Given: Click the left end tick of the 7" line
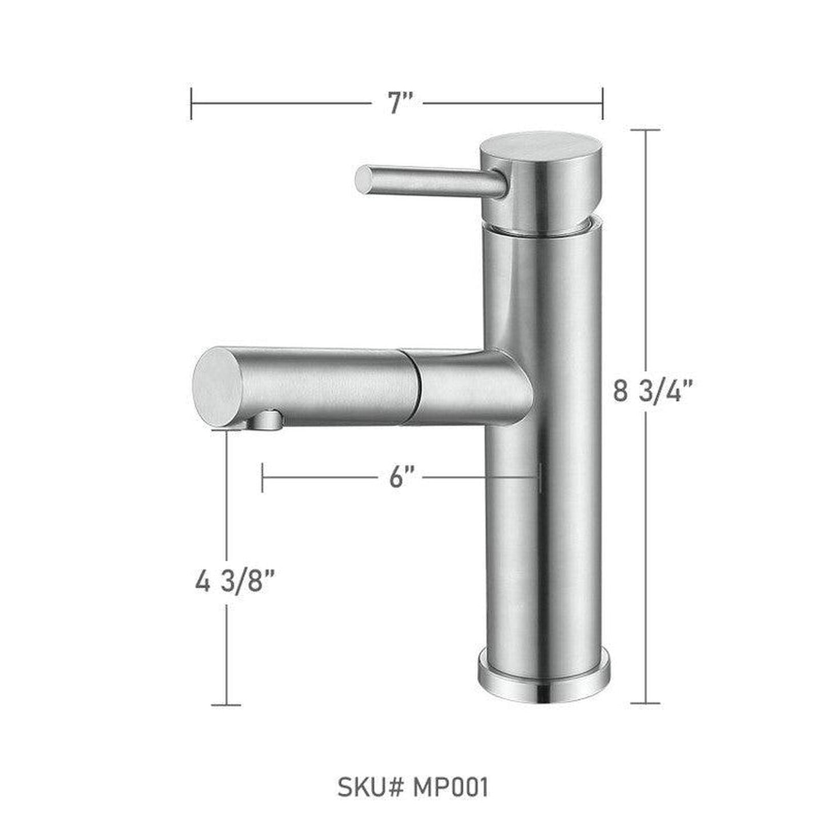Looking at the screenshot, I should [191, 103].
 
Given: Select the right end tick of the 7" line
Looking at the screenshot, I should [602, 103].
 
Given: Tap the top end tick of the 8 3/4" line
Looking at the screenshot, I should [645, 130].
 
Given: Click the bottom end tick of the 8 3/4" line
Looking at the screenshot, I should [645, 703].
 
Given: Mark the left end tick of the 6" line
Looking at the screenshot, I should [262, 477].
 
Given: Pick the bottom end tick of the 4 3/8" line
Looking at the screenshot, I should [227, 705].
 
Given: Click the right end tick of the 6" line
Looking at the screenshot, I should [539, 477].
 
